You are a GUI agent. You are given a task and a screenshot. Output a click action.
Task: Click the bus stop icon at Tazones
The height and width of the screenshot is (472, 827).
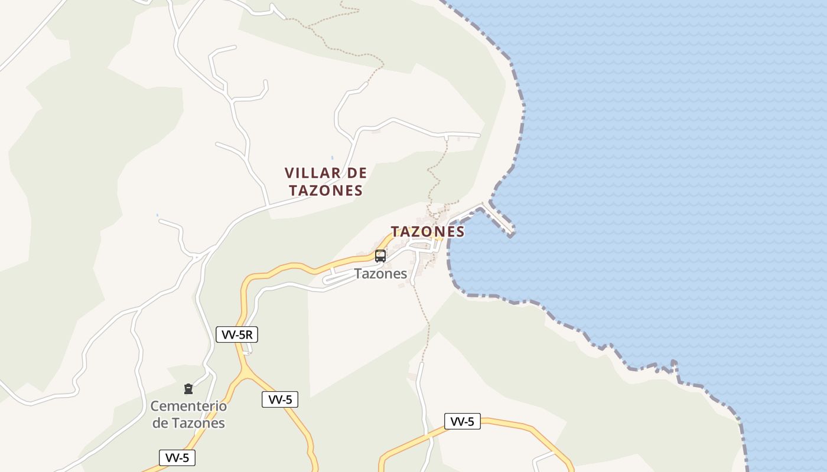[380, 256]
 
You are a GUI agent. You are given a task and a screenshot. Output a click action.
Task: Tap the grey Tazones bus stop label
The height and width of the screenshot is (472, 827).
[380, 274]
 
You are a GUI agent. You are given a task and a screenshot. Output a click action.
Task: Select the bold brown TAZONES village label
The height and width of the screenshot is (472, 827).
[428, 232]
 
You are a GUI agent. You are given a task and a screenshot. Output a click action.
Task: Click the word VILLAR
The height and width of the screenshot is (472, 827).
[313, 173]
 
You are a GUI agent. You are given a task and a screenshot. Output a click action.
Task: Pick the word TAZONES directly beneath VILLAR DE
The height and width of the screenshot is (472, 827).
[325, 191]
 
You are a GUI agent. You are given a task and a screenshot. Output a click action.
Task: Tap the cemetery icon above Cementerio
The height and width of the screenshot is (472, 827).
[188, 389]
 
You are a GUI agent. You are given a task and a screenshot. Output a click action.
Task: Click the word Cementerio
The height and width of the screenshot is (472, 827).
[188, 406]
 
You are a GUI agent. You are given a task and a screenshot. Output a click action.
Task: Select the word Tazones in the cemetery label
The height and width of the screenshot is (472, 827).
[198, 423]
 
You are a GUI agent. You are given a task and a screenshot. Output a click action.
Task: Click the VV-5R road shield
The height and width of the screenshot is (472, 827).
[237, 335]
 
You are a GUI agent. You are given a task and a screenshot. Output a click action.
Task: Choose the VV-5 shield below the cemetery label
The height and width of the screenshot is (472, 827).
[177, 458]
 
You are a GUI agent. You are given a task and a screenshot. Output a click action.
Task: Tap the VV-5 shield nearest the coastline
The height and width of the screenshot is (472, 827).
[463, 421]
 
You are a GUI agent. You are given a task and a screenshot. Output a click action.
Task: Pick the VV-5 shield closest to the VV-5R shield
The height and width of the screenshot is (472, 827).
[280, 399]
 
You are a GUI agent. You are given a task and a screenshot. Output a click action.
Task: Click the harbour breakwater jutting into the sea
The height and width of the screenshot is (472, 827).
[499, 219]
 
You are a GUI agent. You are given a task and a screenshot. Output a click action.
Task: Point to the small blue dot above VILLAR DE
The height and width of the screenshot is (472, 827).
[332, 158]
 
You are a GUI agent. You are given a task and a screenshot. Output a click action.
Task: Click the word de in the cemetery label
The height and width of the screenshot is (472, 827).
[160, 423]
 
